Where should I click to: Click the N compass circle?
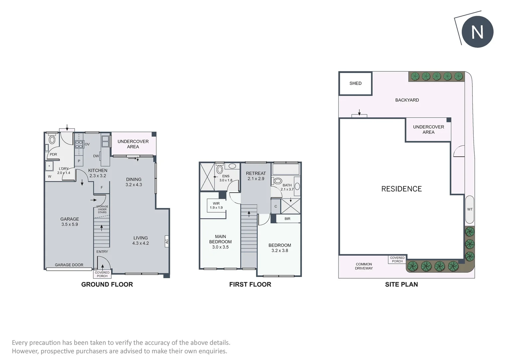pyautogui.click(x=477, y=32)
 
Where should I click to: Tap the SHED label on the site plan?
pyautogui.click(x=355, y=83)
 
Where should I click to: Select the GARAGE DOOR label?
pyautogui.click(x=69, y=265)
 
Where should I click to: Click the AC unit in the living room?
pyautogui.click(x=167, y=241)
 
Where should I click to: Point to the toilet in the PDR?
pyautogui.click(x=52, y=140)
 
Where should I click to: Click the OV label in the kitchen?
pyautogui.click(x=87, y=144)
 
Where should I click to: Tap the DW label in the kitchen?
pyautogui.click(x=96, y=156)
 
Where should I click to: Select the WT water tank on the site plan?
pyautogui.click(x=470, y=209)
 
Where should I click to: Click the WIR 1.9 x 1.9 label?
pyautogui.click(x=216, y=206)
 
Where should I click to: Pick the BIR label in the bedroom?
pyautogui.click(x=287, y=219)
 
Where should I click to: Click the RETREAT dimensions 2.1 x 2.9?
pyautogui.click(x=256, y=179)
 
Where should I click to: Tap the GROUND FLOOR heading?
pyautogui.click(x=107, y=284)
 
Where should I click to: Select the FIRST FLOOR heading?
pyautogui.click(x=250, y=284)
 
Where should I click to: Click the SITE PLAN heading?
pyautogui.click(x=401, y=284)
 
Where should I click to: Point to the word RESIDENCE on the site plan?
pyautogui.click(x=401, y=189)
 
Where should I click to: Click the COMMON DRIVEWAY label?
pyautogui.click(x=364, y=266)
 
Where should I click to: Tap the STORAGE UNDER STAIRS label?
pyautogui.click(x=102, y=209)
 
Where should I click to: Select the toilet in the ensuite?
pyautogui.click(x=220, y=169)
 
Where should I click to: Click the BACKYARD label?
pyautogui.click(x=407, y=100)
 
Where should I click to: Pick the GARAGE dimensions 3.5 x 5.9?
pyautogui.click(x=70, y=224)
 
